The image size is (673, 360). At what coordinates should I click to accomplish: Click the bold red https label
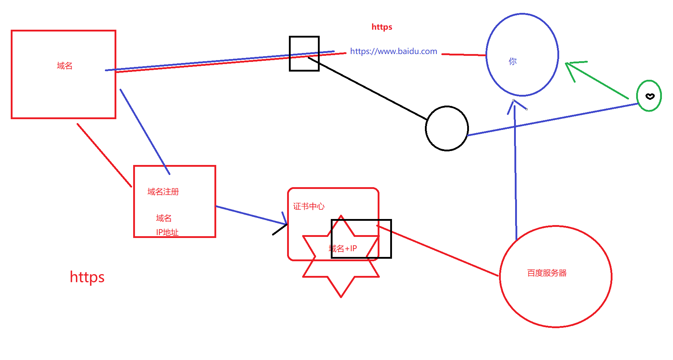[382, 27]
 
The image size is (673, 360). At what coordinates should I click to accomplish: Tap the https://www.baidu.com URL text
[393, 51]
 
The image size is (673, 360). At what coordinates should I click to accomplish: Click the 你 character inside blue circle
[513, 62]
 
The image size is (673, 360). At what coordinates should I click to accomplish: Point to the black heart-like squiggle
[650, 96]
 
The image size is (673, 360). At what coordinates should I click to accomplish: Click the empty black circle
[447, 128]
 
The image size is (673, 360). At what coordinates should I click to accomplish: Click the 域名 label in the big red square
[64, 66]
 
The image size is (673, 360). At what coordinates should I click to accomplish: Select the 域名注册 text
[163, 192]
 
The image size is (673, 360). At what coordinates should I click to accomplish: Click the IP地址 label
[167, 232]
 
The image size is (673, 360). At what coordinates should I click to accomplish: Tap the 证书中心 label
[309, 206]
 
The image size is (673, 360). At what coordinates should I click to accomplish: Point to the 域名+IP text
[343, 248]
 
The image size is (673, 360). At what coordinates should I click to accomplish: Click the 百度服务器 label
[547, 273]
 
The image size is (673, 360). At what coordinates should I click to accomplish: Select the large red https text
[87, 277]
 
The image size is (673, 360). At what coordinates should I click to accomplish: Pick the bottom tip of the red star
[341, 296]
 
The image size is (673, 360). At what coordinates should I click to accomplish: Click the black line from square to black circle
[369, 89]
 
